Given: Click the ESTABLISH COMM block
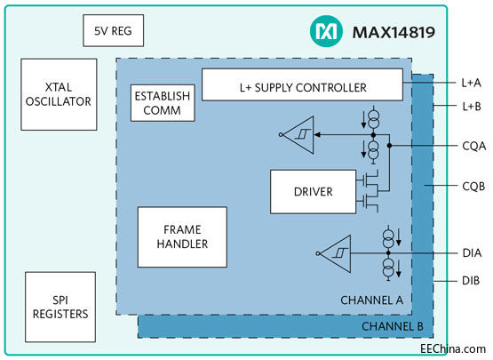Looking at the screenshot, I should pyautogui.click(x=162, y=104).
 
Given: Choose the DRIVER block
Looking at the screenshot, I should pyautogui.click(x=313, y=191).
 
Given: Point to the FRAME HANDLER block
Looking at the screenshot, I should pyautogui.click(x=182, y=236).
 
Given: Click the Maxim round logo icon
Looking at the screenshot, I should pyautogui.click(x=326, y=32).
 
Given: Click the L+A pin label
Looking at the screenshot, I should pyautogui.click(x=471, y=83).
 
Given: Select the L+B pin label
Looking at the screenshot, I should pyautogui.click(x=471, y=106).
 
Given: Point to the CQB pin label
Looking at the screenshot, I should pyautogui.click(x=472, y=187).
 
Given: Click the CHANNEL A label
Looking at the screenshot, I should pyautogui.click(x=371, y=300).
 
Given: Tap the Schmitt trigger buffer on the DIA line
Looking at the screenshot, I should pyautogui.click(x=334, y=252).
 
